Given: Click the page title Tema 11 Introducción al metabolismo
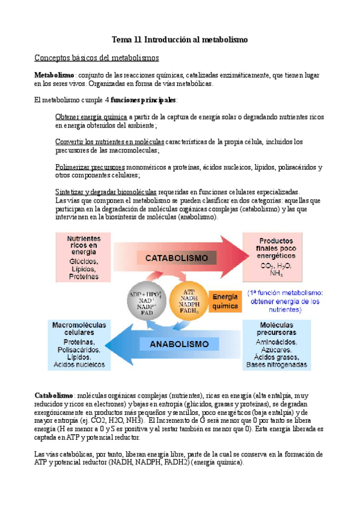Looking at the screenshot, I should coord(180,40).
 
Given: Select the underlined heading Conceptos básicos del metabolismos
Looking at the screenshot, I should coord(96,58).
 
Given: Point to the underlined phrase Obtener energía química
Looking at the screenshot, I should coord(91,117).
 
